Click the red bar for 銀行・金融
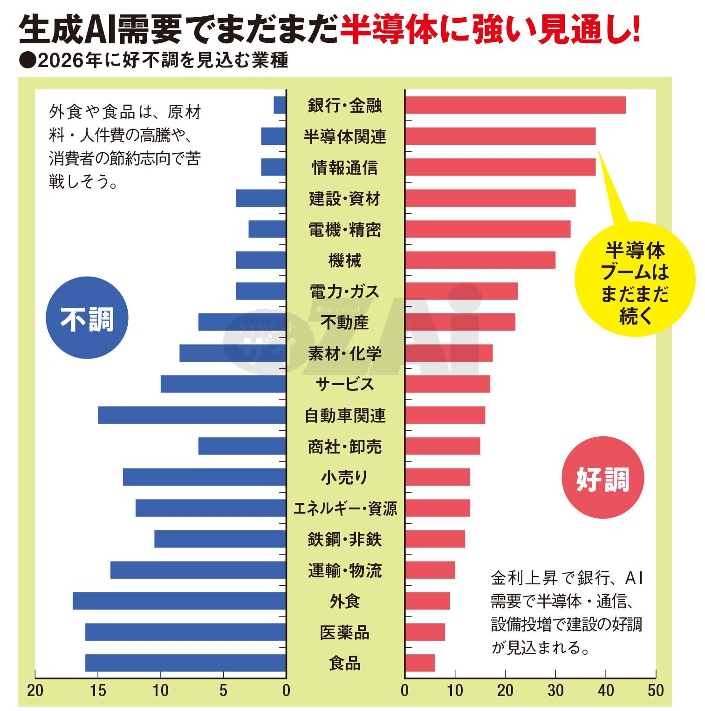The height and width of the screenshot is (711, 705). pos(515,105)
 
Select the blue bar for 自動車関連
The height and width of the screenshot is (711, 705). pos(192,415)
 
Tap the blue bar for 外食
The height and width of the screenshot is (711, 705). pos(179,601)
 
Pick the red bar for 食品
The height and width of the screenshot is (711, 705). pos(420,663)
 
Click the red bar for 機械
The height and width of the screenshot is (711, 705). pos(480,260)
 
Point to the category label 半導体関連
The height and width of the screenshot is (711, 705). pos(345,136)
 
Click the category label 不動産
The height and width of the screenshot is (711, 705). pos(345,322)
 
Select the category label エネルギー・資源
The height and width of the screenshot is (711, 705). pos(345,508)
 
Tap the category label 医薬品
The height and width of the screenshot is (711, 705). pos(345,632)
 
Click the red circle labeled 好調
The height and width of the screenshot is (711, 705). pos(603,478)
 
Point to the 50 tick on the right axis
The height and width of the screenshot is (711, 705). pos(655,690)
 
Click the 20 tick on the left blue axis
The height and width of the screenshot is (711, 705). pos(35,690)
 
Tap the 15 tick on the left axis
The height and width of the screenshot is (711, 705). pos(98,690)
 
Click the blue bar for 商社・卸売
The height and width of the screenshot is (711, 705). pos(242,446)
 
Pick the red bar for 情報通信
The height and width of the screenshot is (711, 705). pos(500,167)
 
